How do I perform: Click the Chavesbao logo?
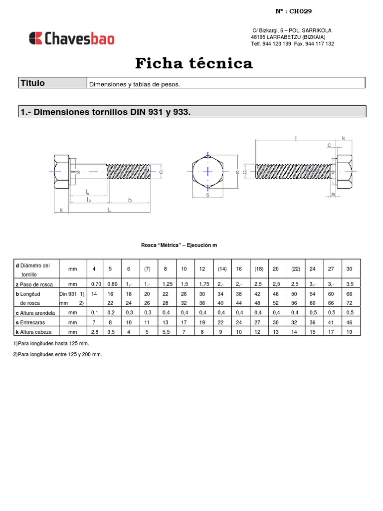(x=72, y=38)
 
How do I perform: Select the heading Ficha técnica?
(x=194, y=64)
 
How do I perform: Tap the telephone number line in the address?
(x=292, y=44)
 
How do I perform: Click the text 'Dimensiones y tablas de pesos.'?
(x=134, y=84)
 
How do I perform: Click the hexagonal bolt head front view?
(x=208, y=171)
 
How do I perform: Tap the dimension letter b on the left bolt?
(x=130, y=200)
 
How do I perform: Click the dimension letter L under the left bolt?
(x=109, y=211)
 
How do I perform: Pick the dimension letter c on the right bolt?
(x=329, y=145)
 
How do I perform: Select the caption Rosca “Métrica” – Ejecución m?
(x=179, y=246)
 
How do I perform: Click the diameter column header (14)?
(x=222, y=269)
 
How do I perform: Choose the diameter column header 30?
(x=349, y=269)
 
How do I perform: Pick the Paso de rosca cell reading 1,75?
(x=202, y=284)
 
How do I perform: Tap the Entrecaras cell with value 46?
(x=349, y=322)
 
